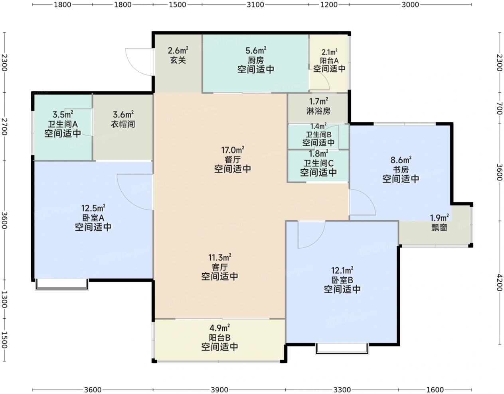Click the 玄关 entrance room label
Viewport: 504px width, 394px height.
[x=178, y=61]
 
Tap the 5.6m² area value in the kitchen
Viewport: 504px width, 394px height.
[x=255, y=51]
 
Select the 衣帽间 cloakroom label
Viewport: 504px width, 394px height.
[x=123, y=124]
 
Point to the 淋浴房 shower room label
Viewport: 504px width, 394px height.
[x=318, y=111]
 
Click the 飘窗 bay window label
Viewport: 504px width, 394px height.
[x=439, y=227]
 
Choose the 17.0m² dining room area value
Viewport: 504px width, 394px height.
[x=233, y=150]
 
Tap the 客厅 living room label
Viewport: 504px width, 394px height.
[x=219, y=267]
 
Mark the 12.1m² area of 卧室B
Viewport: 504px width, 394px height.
[x=342, y=271]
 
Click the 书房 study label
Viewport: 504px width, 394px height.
[x=401, y=170]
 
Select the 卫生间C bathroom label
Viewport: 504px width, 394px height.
[x=318, y=163]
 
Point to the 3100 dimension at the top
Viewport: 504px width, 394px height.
[x=255, y=4]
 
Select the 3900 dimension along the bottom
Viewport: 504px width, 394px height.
[x=219, y=390]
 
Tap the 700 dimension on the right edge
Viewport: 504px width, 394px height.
[x=499, y=108]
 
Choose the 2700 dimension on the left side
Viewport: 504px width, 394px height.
[x=4, y=126]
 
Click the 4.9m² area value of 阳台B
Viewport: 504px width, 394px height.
[x=219, y=328]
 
